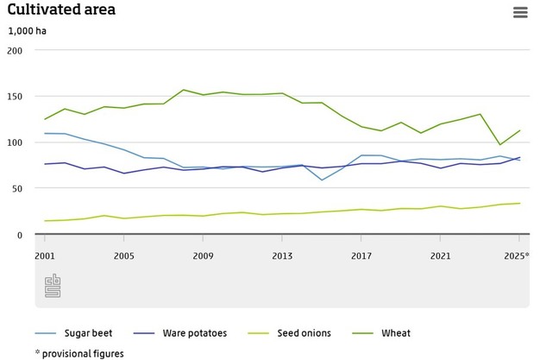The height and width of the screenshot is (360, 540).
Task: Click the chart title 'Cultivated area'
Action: (x=61, y=10)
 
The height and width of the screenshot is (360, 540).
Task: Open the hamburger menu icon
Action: (x=519, y=12)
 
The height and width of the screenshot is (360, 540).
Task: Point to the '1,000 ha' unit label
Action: (x=27, y=31)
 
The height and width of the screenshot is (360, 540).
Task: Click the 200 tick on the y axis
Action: (x=15, y=50)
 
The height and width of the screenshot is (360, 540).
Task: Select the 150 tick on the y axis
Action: (x=15, y=96)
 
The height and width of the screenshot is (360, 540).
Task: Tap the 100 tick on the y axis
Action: (x=15, y=142)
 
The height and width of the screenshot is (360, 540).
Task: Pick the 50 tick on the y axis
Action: (x=17, y=187)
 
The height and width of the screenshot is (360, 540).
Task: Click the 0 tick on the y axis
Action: (x=20, y=234)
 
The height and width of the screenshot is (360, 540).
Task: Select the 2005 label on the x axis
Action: (x=123, y=256)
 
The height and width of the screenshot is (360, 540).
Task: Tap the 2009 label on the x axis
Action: (x=203, y=256)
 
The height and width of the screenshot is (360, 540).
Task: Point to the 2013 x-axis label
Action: (x=282, y=256)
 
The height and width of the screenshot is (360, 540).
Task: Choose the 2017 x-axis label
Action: (x=361, y=256)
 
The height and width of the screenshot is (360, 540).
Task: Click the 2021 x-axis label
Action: (x=441, y=256)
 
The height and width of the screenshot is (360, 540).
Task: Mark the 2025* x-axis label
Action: (x=517, y=256)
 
